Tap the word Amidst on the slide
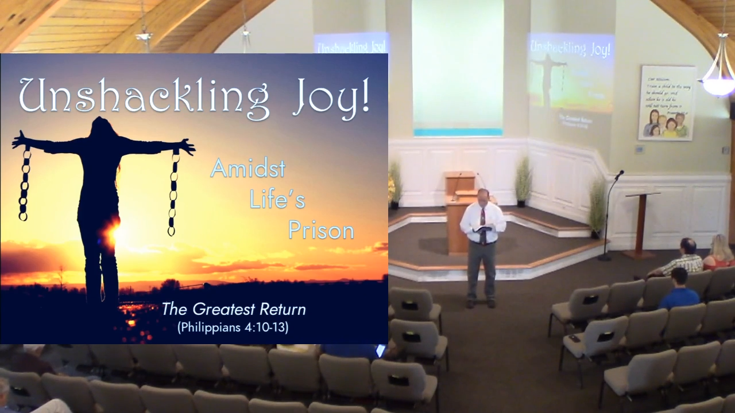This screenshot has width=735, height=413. [248, 169]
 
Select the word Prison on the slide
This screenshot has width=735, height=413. [321, 230]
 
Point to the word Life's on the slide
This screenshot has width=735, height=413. [277, 200]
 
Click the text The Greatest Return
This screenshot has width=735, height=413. [233, 310]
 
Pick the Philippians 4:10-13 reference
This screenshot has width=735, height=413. [233, 328]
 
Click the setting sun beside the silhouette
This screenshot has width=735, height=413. [113, 232]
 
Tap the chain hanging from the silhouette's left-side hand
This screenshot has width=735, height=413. [24, 184]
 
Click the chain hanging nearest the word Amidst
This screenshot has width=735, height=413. [173, 192]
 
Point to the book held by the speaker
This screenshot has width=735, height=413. [483, 229]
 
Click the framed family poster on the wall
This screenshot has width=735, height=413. [667, 103]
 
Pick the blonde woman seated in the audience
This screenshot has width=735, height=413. [719, 253]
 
